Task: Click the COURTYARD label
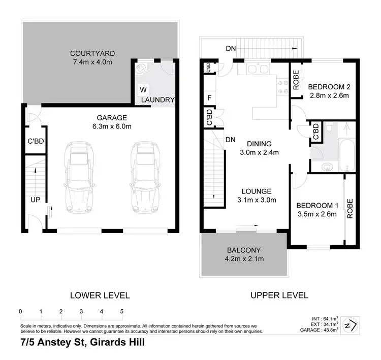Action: [92, 53]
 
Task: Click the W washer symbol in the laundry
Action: [143, 90]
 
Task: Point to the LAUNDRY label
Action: [158, 100]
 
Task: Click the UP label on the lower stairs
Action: [35, 200]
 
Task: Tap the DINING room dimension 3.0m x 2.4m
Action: [260, 152]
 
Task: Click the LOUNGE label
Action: [257, 191]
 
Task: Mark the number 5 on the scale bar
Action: [122, 311]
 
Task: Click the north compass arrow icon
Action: [350, 324]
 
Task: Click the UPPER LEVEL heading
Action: [278, 295]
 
